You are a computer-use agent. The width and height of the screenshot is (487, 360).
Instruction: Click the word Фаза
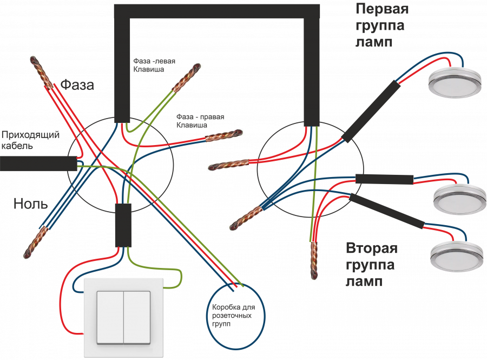tap(77, 84)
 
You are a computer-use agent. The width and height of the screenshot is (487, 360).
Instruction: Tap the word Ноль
tap(30, 204)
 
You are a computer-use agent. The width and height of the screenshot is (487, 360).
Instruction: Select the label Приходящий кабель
tap(30, 140)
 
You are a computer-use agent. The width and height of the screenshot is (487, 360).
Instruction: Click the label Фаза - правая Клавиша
tap(200, 121)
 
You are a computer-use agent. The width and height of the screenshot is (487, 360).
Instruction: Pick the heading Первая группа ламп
tap(381, 25)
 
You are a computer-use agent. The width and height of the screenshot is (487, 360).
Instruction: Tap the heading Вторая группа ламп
tap(371, 265)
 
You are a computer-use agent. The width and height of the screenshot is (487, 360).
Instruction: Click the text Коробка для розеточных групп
tap(236, 315)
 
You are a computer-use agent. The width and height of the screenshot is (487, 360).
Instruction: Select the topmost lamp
tap(454, 82)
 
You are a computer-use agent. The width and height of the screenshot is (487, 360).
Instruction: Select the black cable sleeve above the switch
tap(123, 225)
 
